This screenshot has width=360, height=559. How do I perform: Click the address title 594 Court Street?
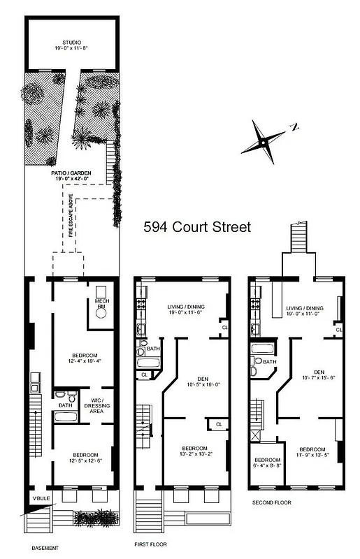(196, 227)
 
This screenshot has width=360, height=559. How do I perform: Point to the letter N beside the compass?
(295, 127)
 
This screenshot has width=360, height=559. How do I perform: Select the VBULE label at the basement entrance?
(38, 498)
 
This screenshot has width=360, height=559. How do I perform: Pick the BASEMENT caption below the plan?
(41, 548)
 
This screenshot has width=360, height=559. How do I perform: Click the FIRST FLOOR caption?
(150, 544)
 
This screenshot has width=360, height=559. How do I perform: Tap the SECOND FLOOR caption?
(271, 502)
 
